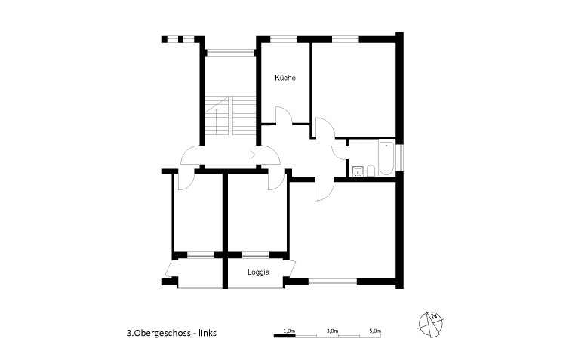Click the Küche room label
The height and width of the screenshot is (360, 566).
(x=285, y=78)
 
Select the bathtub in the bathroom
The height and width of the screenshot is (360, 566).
(x=386, y=158)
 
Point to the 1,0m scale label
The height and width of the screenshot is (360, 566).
(x=288, y=331)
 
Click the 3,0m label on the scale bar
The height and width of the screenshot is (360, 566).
(x=332, y=331)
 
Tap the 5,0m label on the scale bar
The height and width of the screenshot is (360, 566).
(x=375, y=331)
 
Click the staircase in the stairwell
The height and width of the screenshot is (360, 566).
(x=231, y=117)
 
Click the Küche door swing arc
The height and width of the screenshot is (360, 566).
(x=283, y=116)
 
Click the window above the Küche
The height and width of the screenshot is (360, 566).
(x=285, y=38)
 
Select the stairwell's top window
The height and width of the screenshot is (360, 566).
(x=230, y=52)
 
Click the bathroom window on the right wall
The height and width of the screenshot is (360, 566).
(x=402, y=158)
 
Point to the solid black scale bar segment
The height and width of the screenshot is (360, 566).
(x=284, y=337)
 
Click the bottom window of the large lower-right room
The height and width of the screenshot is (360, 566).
(x=332, y=282)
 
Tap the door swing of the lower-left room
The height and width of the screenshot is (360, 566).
(x=185, y=178)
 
